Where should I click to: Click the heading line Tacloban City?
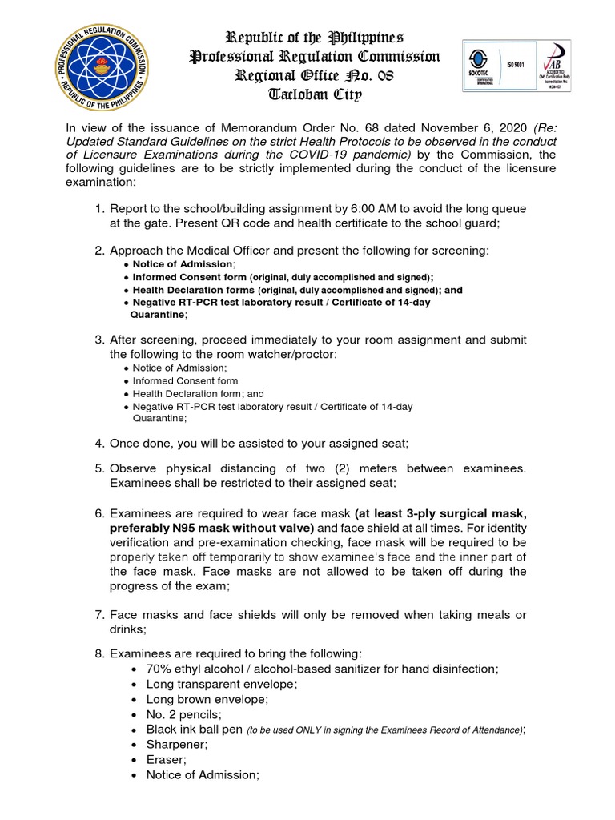point(314,95)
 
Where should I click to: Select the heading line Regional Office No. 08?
point(314,76)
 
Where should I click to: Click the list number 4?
point(99,443)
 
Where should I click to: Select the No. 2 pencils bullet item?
point(184,714)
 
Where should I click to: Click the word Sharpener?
point(177,744)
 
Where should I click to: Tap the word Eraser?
point(166,759)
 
